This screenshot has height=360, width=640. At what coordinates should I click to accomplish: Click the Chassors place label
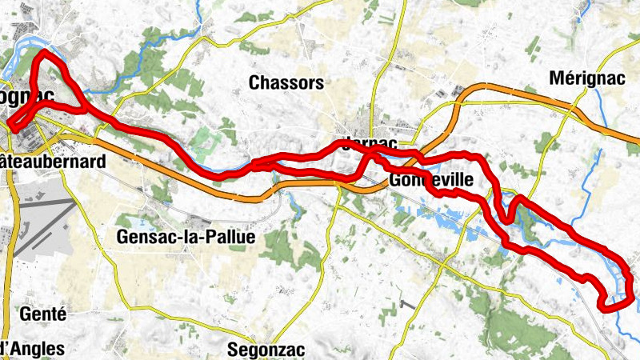[286, 82]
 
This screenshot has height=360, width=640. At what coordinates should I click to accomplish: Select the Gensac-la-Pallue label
[185, 237]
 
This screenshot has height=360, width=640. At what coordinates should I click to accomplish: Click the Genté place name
[45, 314]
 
